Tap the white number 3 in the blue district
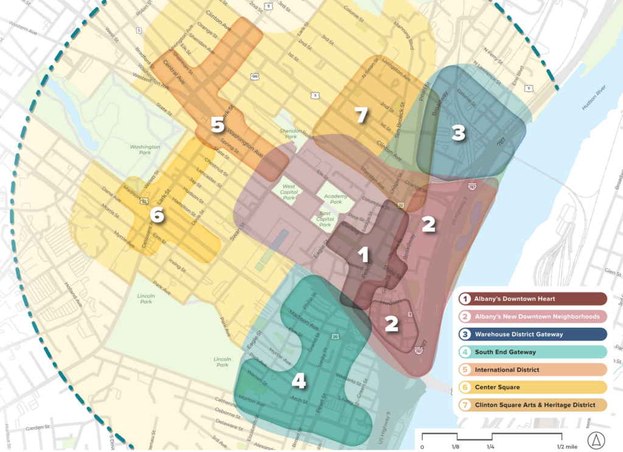pyautogui.click(x=459, y=134)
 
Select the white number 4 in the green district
pyautogui.click(x=299, y=381)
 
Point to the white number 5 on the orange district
pyautogui.click(x=217, y=125)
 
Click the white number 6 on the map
pyautogui.click(x=156, y=214)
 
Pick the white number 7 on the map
pyautogui.click(x=362, y=115)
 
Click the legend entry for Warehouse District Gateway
pyautogui.click(x=532, y=334)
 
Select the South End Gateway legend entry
pyautogui.click(x=532, y=351)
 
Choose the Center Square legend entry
pyautogui.click(x=532, y=387)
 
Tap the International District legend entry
pyautogui.click(x=532, y=369)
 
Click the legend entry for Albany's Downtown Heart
pyautogui.click(x=532, y=298)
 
